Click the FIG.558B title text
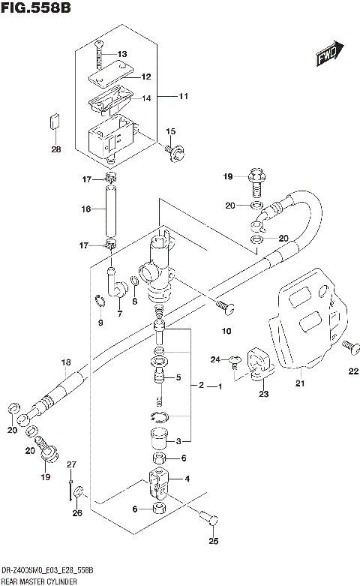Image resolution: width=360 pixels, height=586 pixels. coord(36,8)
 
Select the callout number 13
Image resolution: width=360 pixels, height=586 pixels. coord(123,54)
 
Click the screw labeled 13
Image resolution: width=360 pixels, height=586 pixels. coord(98,53)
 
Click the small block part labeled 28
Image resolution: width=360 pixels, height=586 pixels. coord(55,120)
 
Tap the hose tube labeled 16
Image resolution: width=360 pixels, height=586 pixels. coord(111,210)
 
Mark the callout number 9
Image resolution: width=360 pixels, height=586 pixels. coord(100,323)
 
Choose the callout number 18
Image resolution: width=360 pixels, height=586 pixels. coord(65,362)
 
